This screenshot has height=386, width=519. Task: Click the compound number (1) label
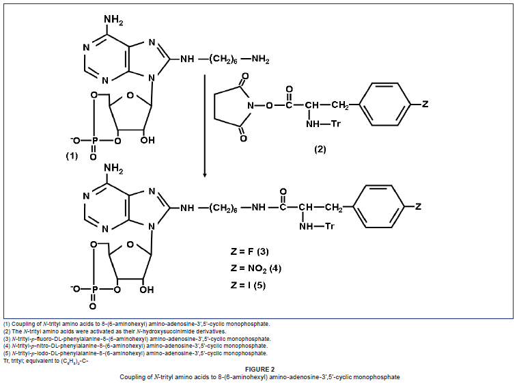(x=72, y=156)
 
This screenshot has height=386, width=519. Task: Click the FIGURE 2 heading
(x=259, y=369)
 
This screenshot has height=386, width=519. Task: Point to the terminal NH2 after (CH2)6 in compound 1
(x=259, y=60)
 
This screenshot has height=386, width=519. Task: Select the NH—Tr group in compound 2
(x=325, y=124)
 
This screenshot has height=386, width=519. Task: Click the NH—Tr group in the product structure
(x=318, y=226)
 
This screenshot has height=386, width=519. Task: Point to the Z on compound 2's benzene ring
(x=425, y=105)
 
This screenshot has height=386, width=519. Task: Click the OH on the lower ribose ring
(x=146, y=289)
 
